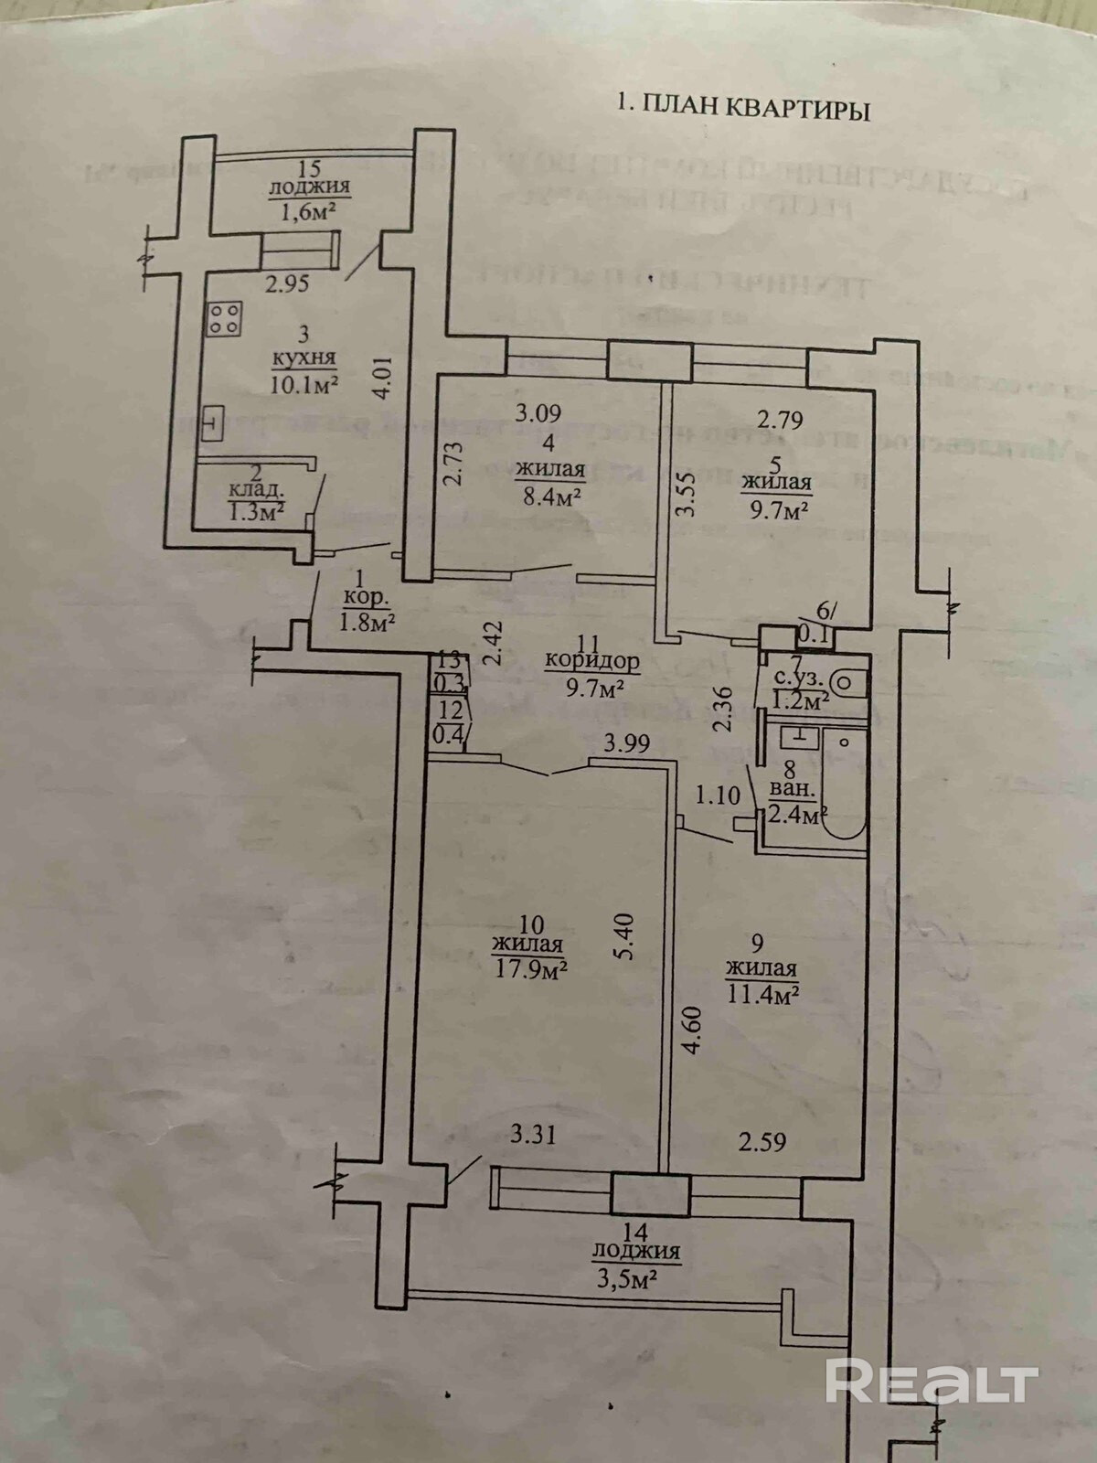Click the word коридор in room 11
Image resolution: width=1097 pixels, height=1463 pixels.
click(591, 660)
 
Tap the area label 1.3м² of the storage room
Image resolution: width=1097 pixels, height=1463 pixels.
click(255, 510)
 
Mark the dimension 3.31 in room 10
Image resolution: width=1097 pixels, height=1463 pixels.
click(533, 1135)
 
